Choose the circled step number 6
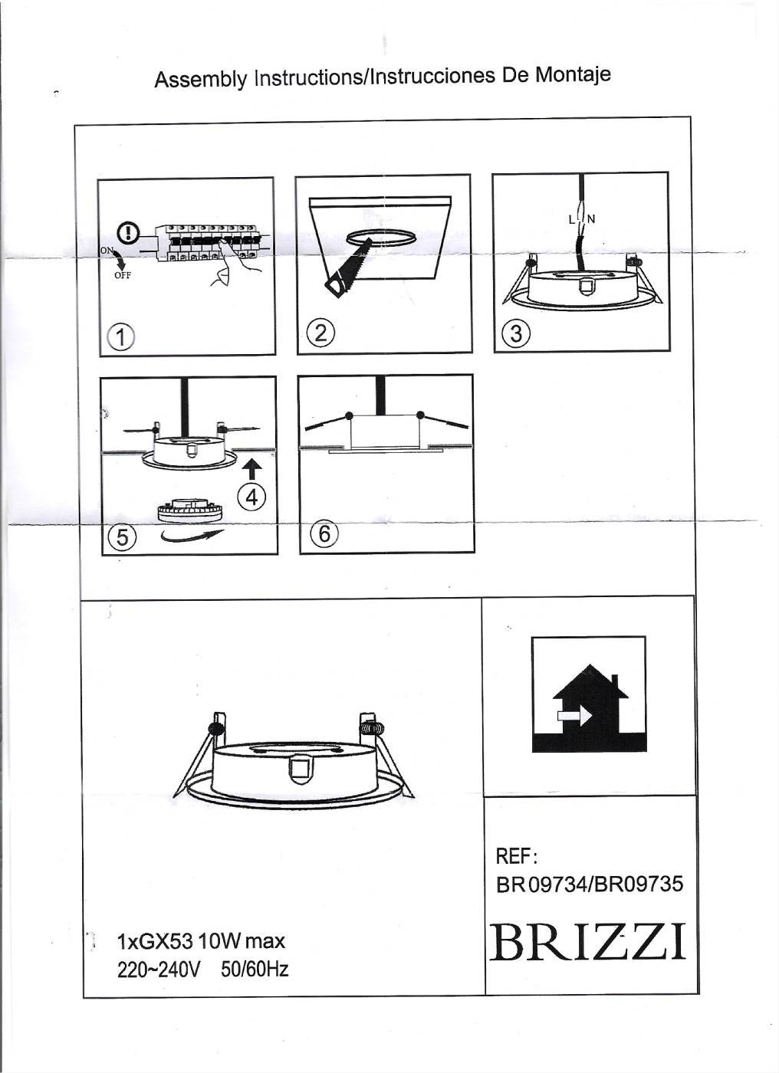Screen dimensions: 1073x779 tap(324, 533)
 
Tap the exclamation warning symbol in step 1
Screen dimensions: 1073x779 tap(128, 232)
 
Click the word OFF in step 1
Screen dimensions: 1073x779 tap(122, 276)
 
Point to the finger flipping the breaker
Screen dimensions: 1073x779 tap(230, 264)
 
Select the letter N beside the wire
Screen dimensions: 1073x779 tap(592, 219)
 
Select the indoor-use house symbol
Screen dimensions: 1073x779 tap(588, 694)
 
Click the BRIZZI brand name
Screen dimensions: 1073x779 tap(588, 943)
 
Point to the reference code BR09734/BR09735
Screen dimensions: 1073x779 tap(590, 884)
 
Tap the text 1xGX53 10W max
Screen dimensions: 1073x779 tap(201, 941)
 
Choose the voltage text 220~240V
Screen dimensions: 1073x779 tap(159, 970)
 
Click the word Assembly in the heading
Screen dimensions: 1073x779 tap(201, 79)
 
